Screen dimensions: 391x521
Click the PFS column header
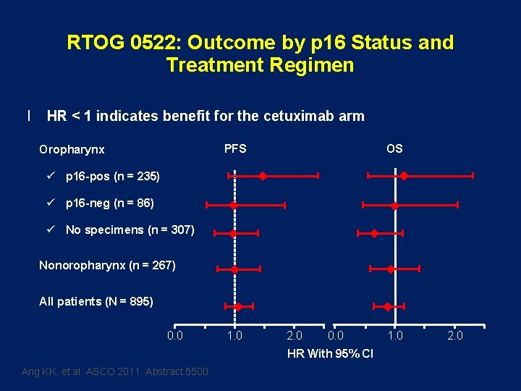[x=235, y=148]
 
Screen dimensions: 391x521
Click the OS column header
[x=394, y=148]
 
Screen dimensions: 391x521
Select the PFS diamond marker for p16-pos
[x=263, y=176]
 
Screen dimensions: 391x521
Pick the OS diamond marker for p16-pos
[x=404, y=176]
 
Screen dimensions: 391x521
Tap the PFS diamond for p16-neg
[x=233, y=206]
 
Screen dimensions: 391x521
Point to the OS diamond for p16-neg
[x=394, y=206]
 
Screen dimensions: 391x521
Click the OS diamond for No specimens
[x=374, y=233]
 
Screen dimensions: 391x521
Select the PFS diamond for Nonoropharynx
[x=234, y=269]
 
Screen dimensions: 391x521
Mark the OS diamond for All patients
[x=388, y=307]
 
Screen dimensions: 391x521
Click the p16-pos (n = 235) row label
[x=112, y=176]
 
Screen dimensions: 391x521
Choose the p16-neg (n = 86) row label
[x=109, y=203]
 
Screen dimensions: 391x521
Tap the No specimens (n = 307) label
[x=130, y=230]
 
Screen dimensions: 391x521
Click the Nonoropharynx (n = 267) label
[x=107, y=266]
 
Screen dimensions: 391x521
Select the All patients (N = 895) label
[x=96, y=301]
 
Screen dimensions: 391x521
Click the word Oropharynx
[x=72, y=150]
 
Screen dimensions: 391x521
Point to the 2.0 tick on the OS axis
[x=454, y=335]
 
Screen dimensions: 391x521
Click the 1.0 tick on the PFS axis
[x=234, y=335]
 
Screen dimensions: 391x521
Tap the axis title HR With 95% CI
[x=330, y=354]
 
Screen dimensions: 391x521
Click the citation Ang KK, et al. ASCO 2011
[x=117, y=371]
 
